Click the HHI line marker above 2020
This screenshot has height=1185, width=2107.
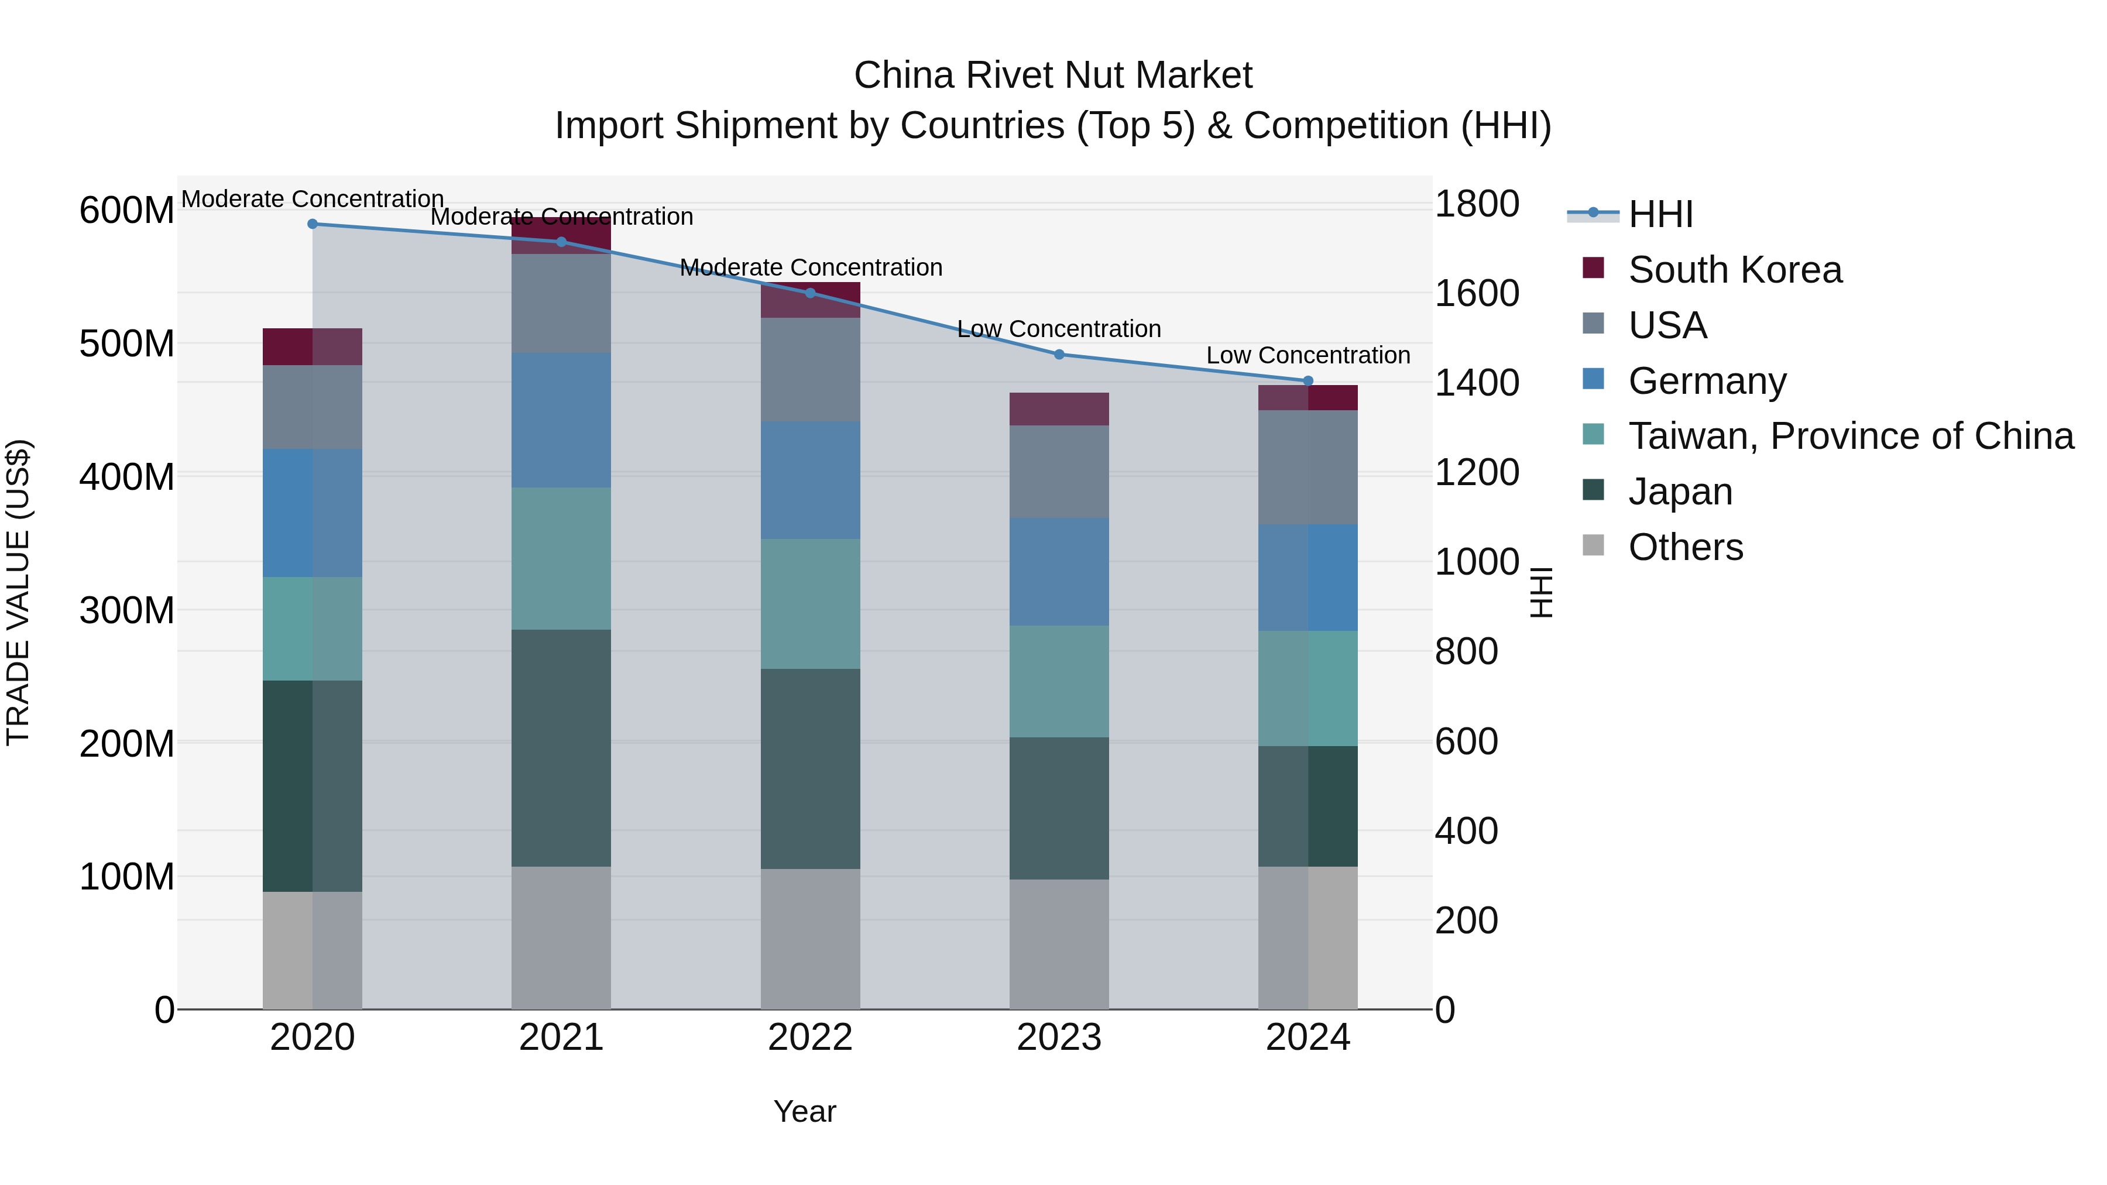[x=313, y=224]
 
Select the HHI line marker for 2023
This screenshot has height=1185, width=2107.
[x=1059, y=354]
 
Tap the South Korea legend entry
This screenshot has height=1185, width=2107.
[x=1734, y=270]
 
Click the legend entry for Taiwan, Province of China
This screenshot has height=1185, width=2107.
[x=1850, y=436]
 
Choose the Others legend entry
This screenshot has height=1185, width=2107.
[x=1685, y=547]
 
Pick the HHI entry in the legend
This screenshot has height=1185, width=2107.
[x=1660, y=214]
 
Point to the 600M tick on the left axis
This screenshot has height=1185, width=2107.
[x=126, y=210]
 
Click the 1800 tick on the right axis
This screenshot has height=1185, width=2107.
[x=1477, y=204]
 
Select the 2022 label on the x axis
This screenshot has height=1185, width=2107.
[x=810, y=1038]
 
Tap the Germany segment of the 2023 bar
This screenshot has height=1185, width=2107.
[x=1059, y=572]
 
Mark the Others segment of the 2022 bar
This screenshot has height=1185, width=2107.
[x=810, y=938]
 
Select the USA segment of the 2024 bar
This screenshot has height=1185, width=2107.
[x=1308, y=467]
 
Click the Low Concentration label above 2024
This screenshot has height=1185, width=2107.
[x=1308, y=355]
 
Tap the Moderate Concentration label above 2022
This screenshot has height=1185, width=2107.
[x=811, y=267]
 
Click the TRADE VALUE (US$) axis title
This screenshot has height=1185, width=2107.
[x=18, y=592]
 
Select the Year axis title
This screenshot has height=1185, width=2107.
[x=805, y=1111]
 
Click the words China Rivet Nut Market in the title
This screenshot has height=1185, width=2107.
[x=1053, y=75]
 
